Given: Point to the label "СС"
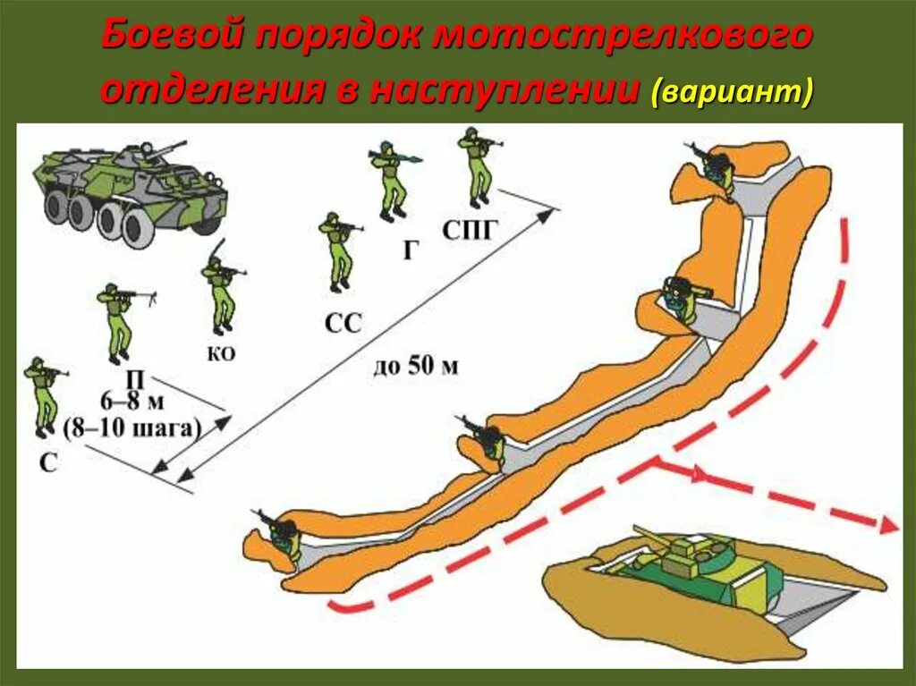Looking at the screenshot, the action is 343,322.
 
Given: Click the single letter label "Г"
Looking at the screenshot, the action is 410,250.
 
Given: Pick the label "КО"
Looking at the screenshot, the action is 221,354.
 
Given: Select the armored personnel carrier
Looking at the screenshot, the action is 131,191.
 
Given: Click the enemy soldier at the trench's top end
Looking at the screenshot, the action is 714,169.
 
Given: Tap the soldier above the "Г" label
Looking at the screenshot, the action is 390,180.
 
